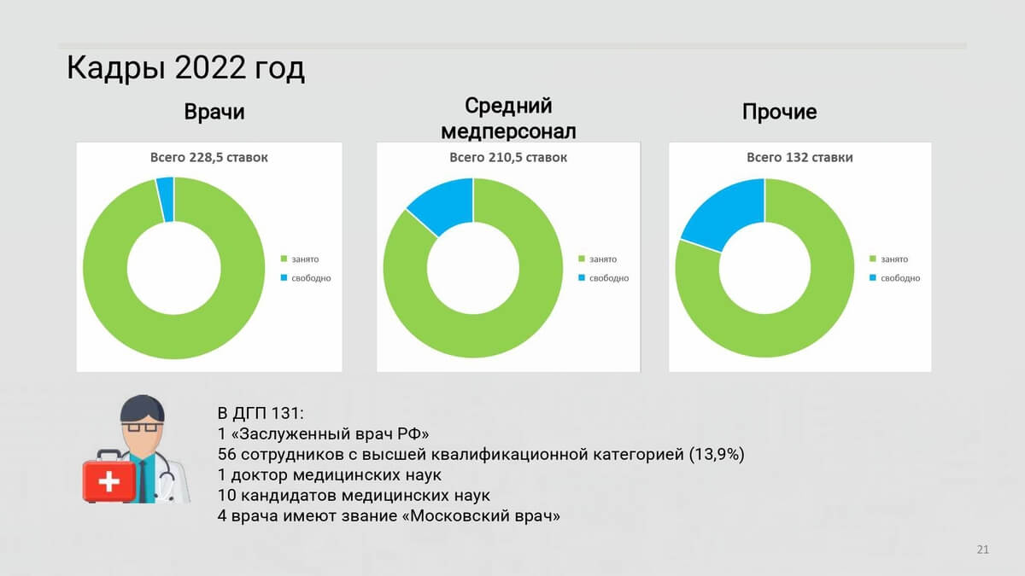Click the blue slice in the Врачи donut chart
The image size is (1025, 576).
pos(165,200)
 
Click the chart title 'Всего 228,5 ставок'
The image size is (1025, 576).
pos(208,157)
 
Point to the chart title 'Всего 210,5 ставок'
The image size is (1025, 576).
pos(508,157)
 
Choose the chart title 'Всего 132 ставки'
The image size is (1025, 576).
pos(799,157)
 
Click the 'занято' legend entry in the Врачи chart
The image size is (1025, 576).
pos(300,259)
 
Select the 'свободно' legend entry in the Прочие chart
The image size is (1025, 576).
pos(894,278)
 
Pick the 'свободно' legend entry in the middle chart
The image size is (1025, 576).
pos(604,278)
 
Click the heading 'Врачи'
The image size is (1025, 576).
pos(214,112)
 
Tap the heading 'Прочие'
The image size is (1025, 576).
pos(779,112)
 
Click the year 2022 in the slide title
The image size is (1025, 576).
pos(210,67)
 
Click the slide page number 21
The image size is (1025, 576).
pos(982,550)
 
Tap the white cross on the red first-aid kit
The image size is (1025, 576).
pos(109,481)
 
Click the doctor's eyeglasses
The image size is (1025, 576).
pos(142,428)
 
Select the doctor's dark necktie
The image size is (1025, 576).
pos(143,481)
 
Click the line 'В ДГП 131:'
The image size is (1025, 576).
pos(261,413)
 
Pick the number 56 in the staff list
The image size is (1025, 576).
pos(226,454)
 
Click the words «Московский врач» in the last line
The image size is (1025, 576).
pos(480,516)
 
